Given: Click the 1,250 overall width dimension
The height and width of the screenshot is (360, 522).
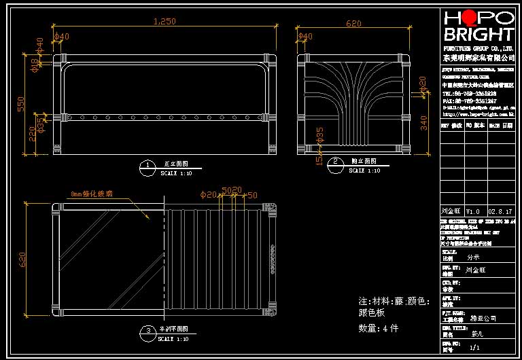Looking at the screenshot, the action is pyautogui.click(x=164, y=22).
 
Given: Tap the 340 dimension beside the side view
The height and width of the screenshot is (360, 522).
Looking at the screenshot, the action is pyautogui.click(x=423, y=123).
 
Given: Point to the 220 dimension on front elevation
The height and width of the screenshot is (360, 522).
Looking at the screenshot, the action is pyautogui.click(x=31, y=134).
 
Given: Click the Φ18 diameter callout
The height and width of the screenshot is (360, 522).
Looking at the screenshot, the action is pyautogui.click(x=34, y=65).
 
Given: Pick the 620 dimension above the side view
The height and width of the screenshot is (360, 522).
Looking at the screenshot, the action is pyautogui.click(x=353, y=24).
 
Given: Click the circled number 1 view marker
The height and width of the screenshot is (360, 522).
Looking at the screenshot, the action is pyautogui.click(x=147, y=166).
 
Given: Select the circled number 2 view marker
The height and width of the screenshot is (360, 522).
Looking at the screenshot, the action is pyautogui.click(x=335, y=162).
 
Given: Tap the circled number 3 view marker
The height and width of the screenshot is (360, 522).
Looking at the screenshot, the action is pyautogui.click(x=147, y=331).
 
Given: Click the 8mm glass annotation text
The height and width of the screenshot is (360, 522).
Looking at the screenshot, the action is pyautogui.click(x=91, y=194).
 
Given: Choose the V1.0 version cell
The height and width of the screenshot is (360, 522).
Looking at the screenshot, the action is pyautogui.click(x=472, y=211).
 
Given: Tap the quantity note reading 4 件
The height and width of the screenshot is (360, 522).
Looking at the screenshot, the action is pyautogui.click(x=378, y=328).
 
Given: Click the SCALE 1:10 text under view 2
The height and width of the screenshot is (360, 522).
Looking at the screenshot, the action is pyautogui.click(x=365, y=171).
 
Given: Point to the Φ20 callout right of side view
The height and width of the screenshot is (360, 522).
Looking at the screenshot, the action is pyautogui.click(x=422, y=84).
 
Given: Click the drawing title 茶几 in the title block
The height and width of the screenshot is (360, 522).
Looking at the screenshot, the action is pyautogui.click(x=478, y=334).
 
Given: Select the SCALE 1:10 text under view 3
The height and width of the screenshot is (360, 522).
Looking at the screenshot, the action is pyautogui.click(x=175, y=338).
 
